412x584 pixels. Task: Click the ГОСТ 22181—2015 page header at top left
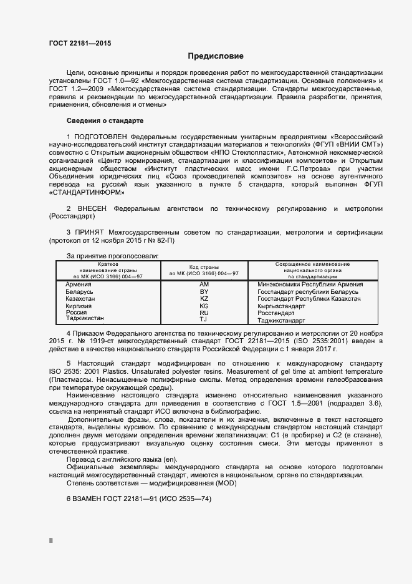click(80, 43)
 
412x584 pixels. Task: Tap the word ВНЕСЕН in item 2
click(95, 208)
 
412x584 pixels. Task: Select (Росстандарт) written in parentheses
click(72, 216)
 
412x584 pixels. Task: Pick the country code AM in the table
click(204, 285)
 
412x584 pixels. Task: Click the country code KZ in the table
click(204, 299)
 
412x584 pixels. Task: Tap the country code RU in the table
click(204, 313)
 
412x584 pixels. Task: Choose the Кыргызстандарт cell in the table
click(282, 306)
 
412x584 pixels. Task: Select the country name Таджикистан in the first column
click(85, 319)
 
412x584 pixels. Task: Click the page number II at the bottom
click(51, 541)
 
